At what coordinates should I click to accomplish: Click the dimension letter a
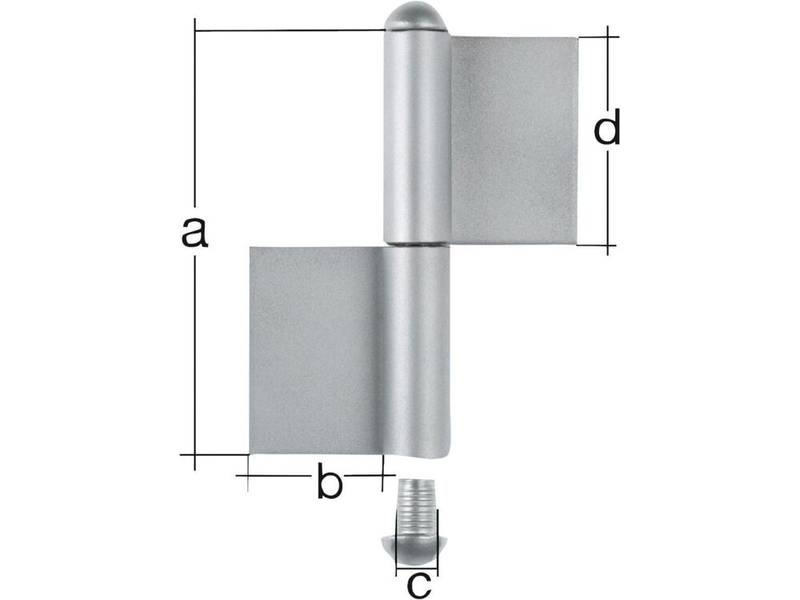[x=195, y=233]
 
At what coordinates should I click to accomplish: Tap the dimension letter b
[x=329, y=480]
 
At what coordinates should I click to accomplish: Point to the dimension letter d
[x=607, y=126]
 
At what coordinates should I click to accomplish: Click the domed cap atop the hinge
[x=416, y=17]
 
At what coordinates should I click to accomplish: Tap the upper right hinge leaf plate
[x=514, y=140]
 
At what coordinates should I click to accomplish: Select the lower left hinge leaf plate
[x=316, y=350]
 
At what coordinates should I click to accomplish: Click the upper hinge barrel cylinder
[x=417, y=137]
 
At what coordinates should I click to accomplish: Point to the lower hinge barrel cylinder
[x=416, y=352]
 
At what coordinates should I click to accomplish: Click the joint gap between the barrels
[x=417, y=246]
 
